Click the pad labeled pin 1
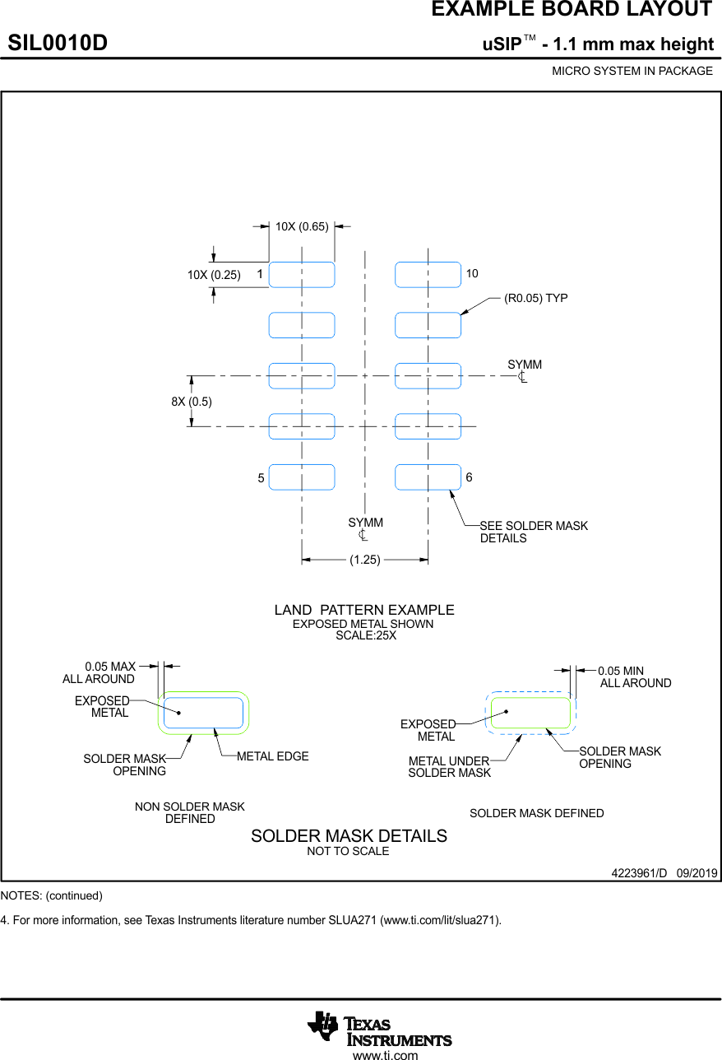(302, 274)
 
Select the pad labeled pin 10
(428, 274)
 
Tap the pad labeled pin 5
(302, 477)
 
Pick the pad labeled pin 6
(428, 477)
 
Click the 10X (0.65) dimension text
(302, 226)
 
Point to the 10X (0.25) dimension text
(214, 275)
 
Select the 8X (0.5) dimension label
(192, 402)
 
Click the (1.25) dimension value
(365, 560)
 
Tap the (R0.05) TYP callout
(535, 298)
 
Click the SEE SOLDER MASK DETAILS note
(534, 532)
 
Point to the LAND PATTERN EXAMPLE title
(364, 610)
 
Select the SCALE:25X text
(366, 635)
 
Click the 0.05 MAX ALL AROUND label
(100, 672)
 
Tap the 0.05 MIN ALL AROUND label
(634, 677)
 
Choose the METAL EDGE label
(273, 756)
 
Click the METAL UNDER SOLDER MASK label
(449, 767)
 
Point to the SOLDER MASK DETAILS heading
(349, 836)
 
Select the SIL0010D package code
(58, 43)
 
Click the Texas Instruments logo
(380, 1028)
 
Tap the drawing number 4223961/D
(639, 872)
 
